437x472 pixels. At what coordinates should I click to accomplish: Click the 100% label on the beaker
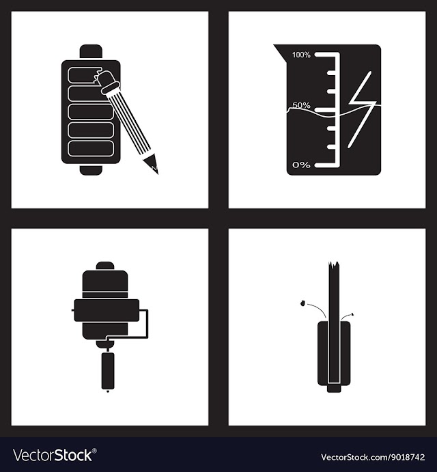click(x=301, y=55)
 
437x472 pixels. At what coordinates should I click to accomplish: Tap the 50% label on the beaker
click(x=301, y=105)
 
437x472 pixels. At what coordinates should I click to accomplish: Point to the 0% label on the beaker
click(x=301, y=165)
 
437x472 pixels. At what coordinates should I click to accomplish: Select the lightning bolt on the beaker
click(x=362, y=110)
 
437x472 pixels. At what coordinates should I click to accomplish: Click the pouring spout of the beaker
click(x=279, y=51)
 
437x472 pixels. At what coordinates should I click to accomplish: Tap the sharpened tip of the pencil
click(x=155, y=169)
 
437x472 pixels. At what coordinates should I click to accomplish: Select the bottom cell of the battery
click(x=91, y=149)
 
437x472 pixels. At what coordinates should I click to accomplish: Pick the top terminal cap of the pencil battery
click(x=91, y=51)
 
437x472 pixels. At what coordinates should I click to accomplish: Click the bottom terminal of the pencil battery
click(x=91, y=169)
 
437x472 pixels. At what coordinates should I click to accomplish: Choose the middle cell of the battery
click(x=90, y=112)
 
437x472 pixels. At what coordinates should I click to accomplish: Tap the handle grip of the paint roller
click(x=108, y=371)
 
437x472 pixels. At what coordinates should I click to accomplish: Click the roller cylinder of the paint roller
click(x=107, y=310)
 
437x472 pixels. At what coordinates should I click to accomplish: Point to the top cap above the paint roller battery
click(x=105, y=266)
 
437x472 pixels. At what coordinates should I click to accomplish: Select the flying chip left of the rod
click(x=302, y=303)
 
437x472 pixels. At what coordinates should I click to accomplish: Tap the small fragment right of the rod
click(x=352, y=314)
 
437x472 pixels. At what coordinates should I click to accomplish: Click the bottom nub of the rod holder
click(x=334, y=389)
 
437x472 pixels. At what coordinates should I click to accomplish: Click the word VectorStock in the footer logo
click(x=53, y=455)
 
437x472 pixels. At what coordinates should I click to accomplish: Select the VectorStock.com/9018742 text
click(x=373, y=457)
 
